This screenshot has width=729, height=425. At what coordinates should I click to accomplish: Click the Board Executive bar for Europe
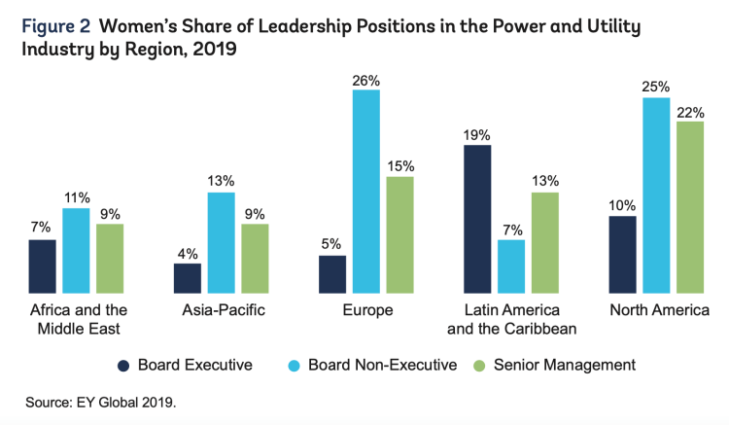332,273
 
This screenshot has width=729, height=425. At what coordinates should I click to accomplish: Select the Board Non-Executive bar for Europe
366,191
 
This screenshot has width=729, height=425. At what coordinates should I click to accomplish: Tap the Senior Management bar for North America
690,206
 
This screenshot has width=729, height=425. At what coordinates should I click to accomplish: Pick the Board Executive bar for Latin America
477,219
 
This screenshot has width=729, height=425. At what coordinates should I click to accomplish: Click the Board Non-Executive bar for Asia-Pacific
222,242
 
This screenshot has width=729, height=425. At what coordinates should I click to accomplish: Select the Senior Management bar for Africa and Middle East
110,258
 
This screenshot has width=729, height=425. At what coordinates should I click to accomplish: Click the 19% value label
477,135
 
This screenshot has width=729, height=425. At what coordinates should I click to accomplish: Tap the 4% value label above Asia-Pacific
188,253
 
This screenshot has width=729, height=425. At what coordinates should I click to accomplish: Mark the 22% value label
690,112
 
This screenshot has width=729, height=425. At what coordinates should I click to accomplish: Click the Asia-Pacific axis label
222,310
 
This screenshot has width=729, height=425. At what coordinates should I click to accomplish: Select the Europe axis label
366,310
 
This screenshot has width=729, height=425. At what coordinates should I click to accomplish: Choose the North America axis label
658,310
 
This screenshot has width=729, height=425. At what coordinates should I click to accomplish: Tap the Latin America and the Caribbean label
511,319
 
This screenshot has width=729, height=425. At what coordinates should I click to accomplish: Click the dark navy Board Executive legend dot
123,366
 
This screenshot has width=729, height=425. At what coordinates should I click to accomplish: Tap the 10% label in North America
622,206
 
